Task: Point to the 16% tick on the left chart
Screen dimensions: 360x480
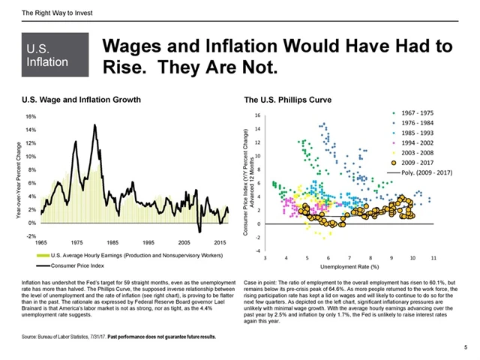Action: click(31, 117)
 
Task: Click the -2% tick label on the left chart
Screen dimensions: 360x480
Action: click(31, 236)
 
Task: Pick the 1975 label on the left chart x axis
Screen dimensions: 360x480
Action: click(77, 244)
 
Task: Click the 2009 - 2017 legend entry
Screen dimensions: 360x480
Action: click(422, 161)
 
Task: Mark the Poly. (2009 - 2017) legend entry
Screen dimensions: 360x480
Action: click(428, 172)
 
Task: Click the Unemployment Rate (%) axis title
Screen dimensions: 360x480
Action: click(351, 266)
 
